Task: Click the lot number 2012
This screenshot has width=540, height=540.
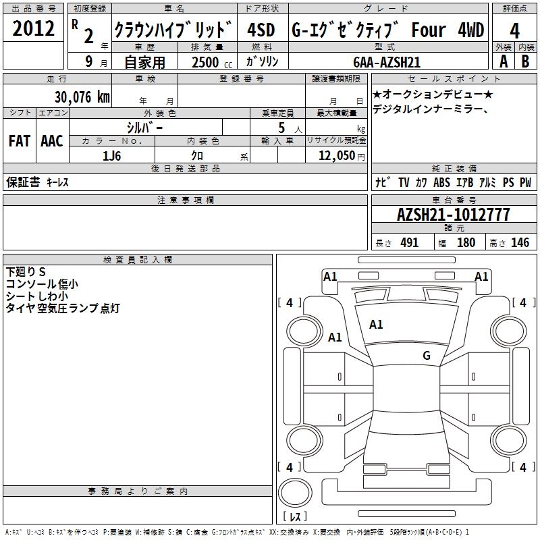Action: pos(33,28)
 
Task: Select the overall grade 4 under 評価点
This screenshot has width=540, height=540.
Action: pos(514,30)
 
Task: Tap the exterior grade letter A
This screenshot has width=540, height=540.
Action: pos(504,61)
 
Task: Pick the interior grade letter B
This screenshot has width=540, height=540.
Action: pos(525,61)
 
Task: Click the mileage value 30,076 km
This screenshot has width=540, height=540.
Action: pos(82,97)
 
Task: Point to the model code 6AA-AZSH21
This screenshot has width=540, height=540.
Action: pos(387,62)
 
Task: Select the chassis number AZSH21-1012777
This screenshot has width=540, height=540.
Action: pos(453,215)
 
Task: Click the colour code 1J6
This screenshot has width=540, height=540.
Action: pos(111,156)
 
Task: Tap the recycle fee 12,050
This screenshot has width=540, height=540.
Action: pos(337,156)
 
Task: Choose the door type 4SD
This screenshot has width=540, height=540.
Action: pos(261,30)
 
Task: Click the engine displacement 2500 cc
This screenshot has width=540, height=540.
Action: pos(212,62)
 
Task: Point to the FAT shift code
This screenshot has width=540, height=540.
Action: pos(20,141)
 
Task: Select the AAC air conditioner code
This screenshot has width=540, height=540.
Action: pos(52,141)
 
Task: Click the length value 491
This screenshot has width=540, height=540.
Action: pos(410,242)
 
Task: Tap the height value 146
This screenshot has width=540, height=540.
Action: pos(520,242)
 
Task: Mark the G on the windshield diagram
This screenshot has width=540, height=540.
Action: pos(427,355)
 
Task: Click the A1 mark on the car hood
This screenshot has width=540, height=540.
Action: pos(376,325)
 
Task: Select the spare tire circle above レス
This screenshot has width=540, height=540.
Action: pos(295,492)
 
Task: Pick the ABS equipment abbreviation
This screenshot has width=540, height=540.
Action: pos(441,182)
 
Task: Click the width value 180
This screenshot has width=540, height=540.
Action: pos(466,242)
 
